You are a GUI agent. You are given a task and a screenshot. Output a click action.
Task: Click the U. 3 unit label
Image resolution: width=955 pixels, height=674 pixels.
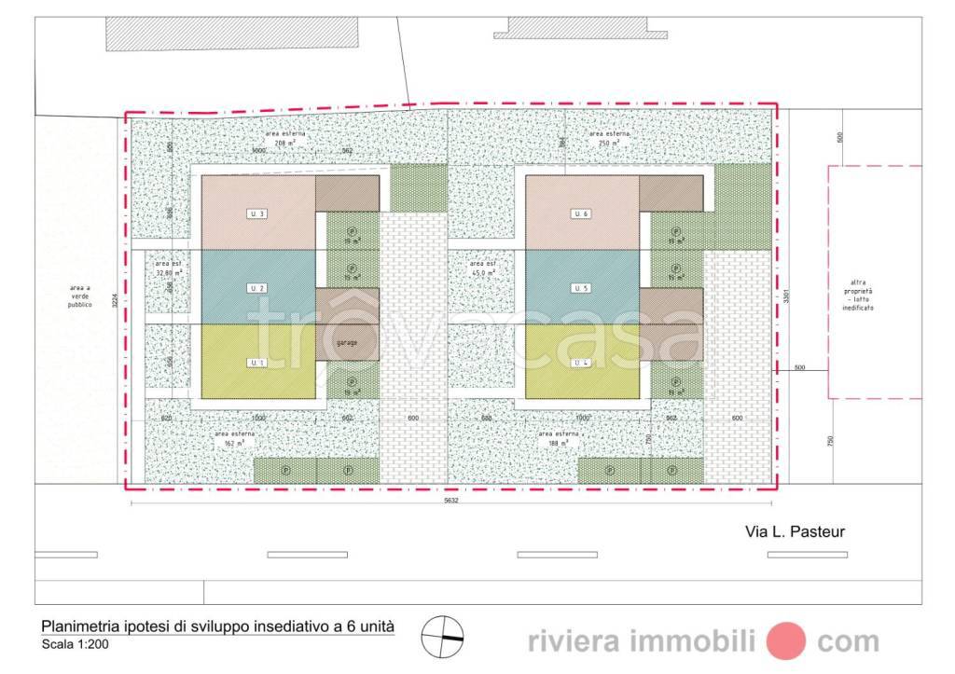258,214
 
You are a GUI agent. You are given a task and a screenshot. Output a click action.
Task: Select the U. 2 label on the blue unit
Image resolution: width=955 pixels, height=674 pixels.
258,288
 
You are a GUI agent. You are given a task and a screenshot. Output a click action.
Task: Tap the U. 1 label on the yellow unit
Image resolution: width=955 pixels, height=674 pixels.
258,362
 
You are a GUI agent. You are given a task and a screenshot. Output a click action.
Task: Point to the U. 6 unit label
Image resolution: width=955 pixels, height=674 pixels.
581,214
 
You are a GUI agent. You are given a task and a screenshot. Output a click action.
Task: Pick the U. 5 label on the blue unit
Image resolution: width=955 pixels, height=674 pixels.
581,288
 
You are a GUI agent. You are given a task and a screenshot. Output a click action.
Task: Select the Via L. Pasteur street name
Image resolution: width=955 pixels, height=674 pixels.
795,531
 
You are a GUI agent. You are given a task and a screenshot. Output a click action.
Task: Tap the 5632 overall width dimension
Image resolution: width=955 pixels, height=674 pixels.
452,500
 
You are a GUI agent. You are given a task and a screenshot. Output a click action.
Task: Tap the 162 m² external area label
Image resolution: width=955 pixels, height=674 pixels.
234,439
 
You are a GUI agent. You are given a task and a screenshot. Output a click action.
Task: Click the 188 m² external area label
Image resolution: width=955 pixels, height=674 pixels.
560,439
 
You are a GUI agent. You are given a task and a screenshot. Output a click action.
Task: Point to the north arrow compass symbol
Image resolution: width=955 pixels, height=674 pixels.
442,638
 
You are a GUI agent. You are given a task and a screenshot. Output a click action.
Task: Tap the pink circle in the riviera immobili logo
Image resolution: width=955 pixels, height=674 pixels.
785,640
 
